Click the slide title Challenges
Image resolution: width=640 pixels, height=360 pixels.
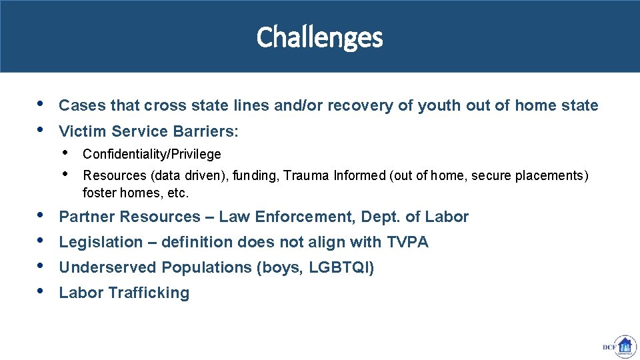click(319, 37)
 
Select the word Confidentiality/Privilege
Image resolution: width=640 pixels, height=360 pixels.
click(152, 155)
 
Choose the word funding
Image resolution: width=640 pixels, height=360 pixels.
click(255, 176)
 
